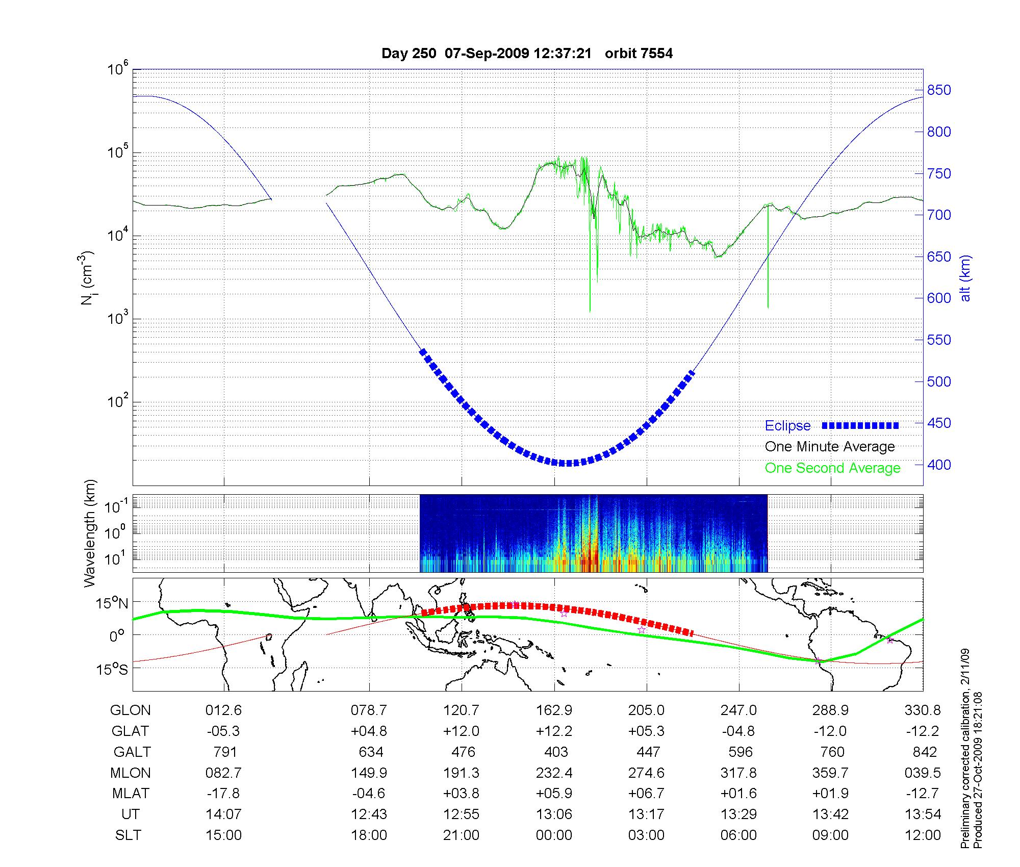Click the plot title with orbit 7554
[x=527, y=54]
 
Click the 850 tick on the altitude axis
[x=939, y=90]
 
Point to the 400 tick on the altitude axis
[x=939, y=465]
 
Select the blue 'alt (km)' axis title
[x=965, y=278]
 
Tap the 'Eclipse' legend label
[x=787, y=426]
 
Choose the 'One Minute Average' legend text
[x=830, y=447]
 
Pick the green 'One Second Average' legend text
[x=832, y=468]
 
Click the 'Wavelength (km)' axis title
[x=90, y=533]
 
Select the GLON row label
[x=131, y=710]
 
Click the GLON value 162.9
[x=554, y=710]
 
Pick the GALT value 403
[x=556, y=752]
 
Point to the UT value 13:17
[x=647, y=814]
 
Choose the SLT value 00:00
[x=554, y=835]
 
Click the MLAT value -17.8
[x=223, y=794]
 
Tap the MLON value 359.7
[x=830, y=773]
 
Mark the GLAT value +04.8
[x=369, y=731]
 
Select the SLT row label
[x=128, y=835]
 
